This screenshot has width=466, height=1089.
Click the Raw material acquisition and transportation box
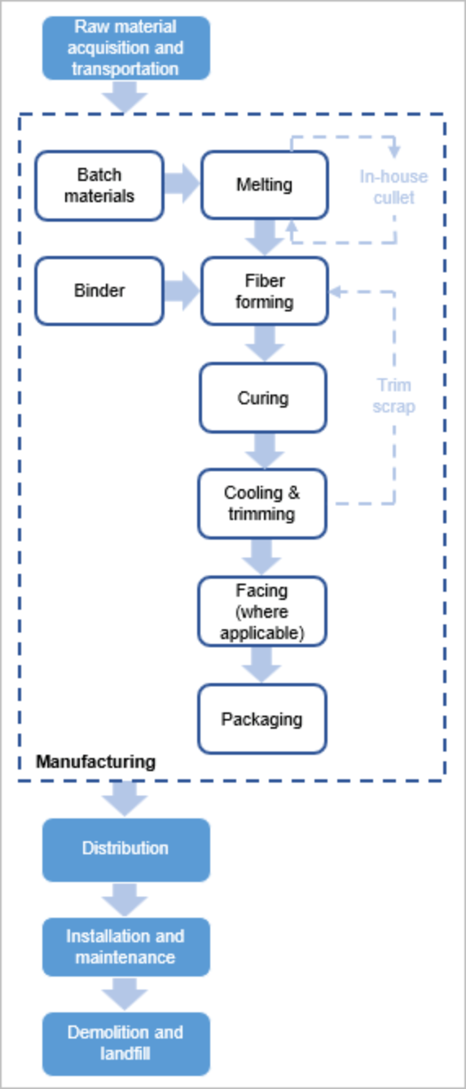pos(125,48)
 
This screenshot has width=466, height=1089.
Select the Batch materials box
pos(99,185)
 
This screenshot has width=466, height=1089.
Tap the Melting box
pos(264,185)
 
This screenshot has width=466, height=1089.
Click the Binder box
pos(99,291)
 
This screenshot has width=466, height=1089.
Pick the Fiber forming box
pos(264,291)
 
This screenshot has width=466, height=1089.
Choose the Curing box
pos(262,398)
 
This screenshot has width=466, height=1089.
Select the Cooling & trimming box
pos(262,504)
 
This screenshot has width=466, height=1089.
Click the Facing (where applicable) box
pos(262,611)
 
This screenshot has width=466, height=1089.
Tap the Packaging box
pos(262,719)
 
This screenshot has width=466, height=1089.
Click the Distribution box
pos(125,849)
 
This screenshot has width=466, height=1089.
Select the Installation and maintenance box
pos(125,946)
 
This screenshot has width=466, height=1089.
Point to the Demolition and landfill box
pos(125,1043)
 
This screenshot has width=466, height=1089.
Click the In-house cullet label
pos(393,187)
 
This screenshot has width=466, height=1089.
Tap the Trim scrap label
pos(393,395)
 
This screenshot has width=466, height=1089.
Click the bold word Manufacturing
pos(95,762)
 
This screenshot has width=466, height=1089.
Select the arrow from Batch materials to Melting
pos(182,185)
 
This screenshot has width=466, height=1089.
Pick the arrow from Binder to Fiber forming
pos(182,291)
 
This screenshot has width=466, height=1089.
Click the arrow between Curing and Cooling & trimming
pos(262,450)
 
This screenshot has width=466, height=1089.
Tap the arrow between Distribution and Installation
pos(125,899)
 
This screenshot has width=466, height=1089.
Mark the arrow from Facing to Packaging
pos(262,664)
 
